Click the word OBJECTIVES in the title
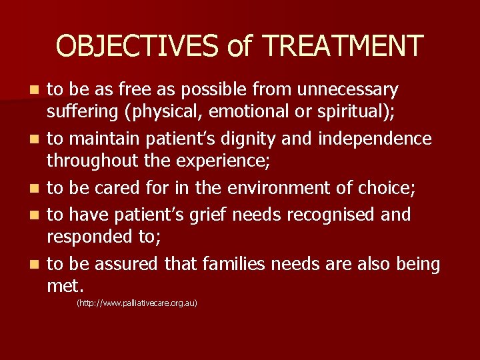pos(137,45)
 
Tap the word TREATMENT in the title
pos(343,45)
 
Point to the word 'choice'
pos(389,188)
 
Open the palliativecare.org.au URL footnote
pos(137,303)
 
